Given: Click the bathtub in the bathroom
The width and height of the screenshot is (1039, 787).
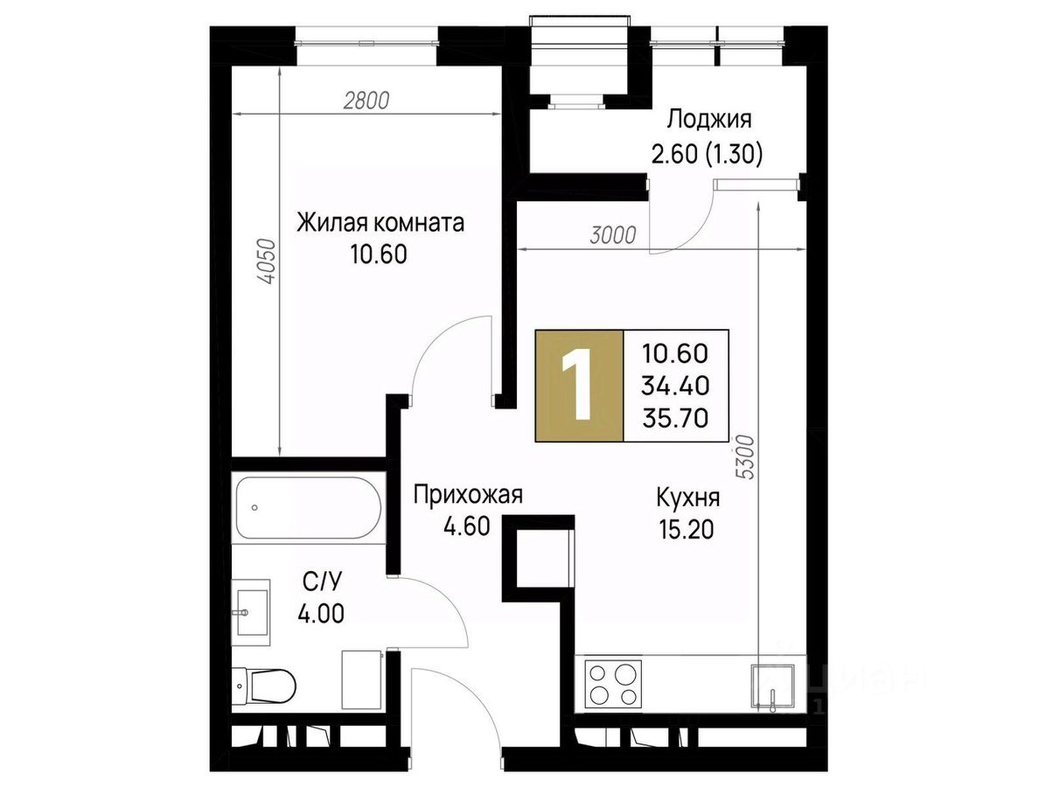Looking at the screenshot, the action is (x=308, y=507).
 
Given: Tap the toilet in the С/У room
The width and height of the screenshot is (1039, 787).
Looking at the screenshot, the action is (x=264, y=686).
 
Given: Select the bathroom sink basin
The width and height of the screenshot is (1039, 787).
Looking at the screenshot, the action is (x=250, y=611).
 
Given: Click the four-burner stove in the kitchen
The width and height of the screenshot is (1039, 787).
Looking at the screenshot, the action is (x=614, y=685).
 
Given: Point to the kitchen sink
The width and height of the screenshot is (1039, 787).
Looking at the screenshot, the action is (x=772, y=686).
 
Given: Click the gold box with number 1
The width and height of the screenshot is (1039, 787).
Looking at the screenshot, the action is (x=579, y=386).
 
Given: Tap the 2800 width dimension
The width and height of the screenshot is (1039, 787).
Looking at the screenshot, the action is (x=366, y=101).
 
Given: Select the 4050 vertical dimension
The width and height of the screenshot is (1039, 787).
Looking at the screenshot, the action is (x=267, y=261).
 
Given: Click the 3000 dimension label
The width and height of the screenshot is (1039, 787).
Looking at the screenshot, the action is (x=613, y=234).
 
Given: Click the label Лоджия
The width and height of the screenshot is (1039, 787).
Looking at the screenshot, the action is (x=708, y=120).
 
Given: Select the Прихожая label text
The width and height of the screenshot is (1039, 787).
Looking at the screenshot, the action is (x=468, y=494).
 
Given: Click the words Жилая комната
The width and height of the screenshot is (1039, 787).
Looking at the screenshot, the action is (x=380, y=223).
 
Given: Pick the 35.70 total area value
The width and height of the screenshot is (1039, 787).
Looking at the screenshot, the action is (x=675, y=418).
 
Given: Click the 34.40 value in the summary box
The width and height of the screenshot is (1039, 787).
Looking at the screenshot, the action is (x=675, y=385).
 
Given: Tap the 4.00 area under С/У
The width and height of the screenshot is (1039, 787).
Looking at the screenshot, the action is (x=321, y=614).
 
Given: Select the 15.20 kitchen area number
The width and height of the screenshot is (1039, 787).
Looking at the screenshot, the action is (x=687, y=529).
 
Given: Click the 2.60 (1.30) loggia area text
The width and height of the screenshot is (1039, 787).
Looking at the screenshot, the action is (x=707, y=155).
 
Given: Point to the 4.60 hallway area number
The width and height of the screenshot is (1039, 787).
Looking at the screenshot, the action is (x=467, y=526).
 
